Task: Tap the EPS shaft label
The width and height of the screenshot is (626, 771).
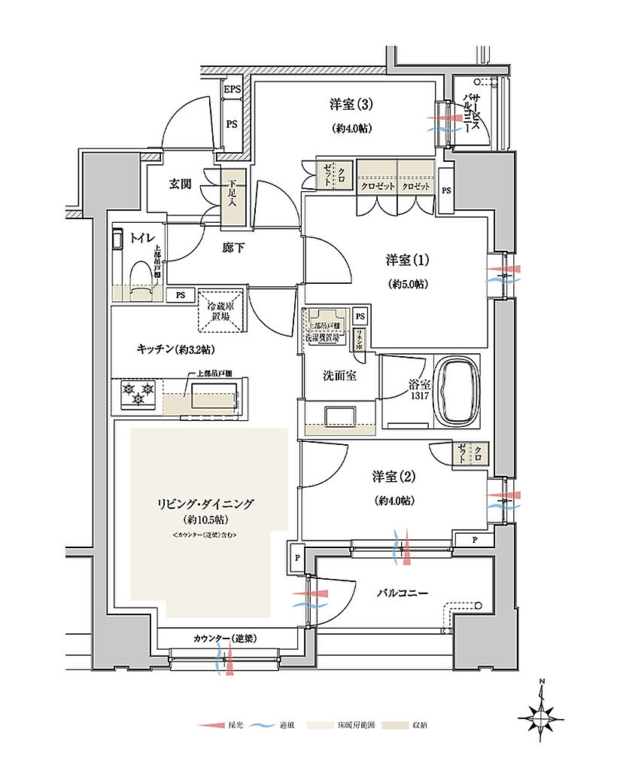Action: click(x=232, y=90)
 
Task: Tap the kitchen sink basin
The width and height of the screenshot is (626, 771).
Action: click(x=214, y=395)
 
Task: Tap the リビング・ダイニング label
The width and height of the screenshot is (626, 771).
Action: click(x=205, y=504)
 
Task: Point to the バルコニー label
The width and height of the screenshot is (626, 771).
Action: click(x=403, y=593)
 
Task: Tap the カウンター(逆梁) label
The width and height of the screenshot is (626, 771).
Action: click(x=226, y=638)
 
